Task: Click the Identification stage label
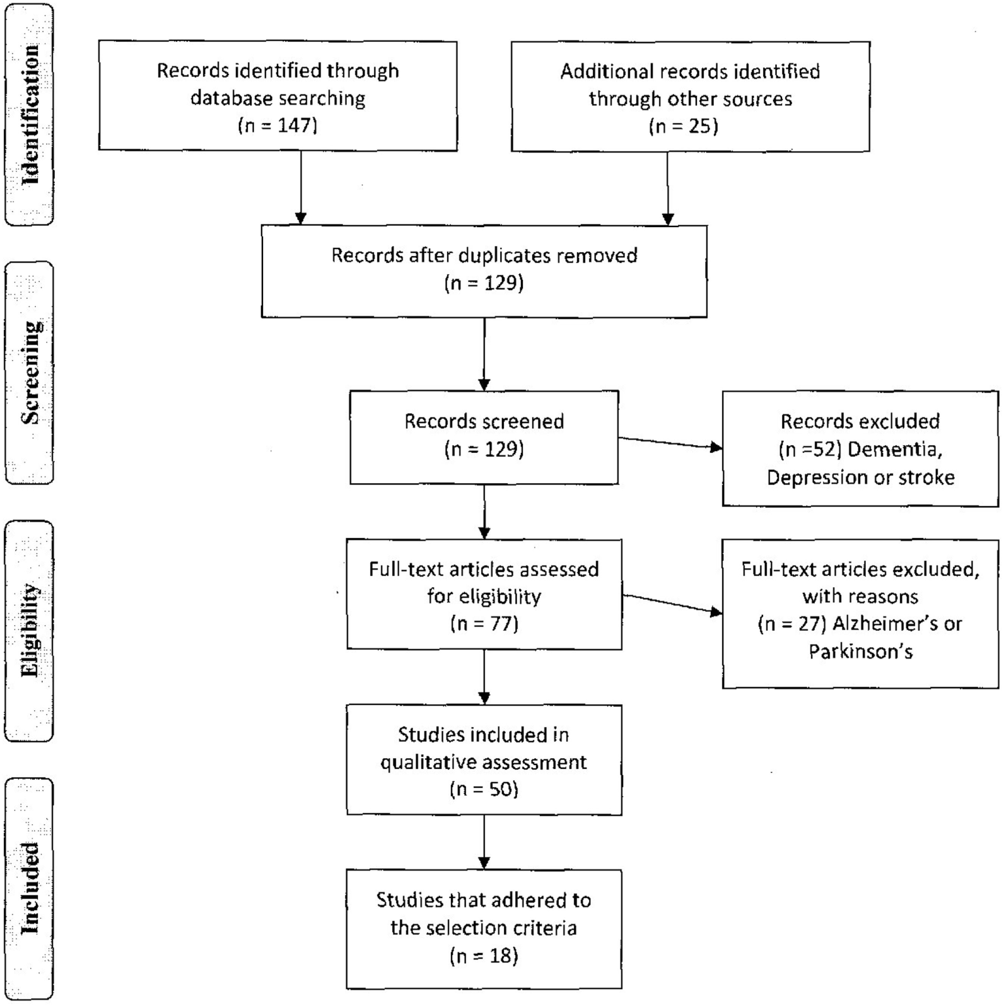point(29,114)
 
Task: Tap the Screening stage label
point(29,373)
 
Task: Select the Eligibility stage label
point(29,630)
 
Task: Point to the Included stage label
point(29,888)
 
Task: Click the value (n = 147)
point(277,126)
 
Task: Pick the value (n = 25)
point(684,126)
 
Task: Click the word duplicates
point(504,255)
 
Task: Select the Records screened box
point(484,436)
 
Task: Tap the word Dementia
point(895,449)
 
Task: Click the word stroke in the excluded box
point(926,477)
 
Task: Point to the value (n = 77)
point(484,624)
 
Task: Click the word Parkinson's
point(860,651)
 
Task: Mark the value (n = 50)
point(484,789)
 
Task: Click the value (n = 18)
point(484,956)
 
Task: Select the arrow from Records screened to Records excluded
point(670,443)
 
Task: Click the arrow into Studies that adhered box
point(484,842)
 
